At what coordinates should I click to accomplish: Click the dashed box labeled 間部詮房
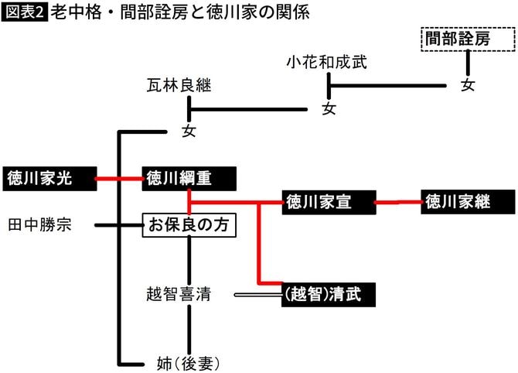coord(469,39)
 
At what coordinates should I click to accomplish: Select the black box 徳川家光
coord(46,179)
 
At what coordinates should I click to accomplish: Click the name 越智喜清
coord(179,294)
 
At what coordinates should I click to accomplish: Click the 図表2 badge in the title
coord(24,14)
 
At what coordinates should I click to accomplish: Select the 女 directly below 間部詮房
coord(469,85)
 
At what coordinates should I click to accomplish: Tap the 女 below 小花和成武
coord(329,108)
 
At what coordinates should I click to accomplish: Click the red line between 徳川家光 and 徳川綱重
coord(118,179)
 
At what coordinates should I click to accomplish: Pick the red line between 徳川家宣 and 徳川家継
coord(398,203)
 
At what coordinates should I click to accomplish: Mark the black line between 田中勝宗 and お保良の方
coord(118,225)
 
